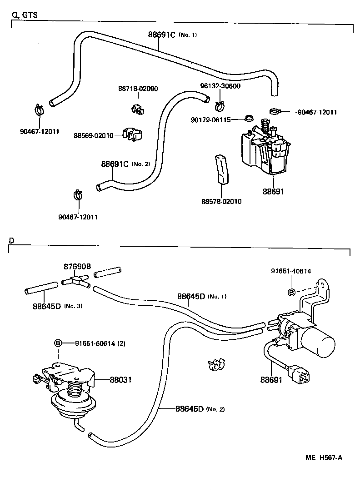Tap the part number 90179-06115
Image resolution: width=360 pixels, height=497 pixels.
[211, 120]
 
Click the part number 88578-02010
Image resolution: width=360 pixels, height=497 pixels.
[221, 201]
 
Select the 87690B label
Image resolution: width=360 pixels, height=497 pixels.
[77, 266]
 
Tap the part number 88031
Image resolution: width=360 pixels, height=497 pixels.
[120, 379]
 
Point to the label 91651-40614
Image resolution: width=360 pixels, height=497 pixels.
[291, 271]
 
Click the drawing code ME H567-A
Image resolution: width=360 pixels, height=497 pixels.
[324, 457]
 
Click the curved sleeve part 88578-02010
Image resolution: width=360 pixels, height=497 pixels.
[222, 169]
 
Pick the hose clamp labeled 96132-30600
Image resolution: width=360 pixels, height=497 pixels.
[220, 106]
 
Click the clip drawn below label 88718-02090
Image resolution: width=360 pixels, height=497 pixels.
[137, 109]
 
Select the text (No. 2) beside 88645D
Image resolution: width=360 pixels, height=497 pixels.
[215, 409]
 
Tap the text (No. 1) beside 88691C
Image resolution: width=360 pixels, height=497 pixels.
[188, 35]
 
